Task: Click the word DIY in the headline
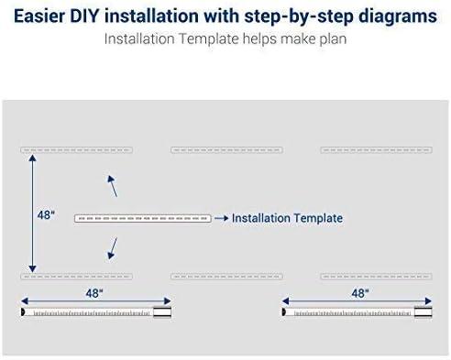pos(84,16)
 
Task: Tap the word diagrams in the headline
pos(398,16)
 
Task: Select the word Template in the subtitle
pos(209,39)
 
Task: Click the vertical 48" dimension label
pos(46,215)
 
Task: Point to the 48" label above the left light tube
pos(94,293)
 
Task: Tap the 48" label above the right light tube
pos(360,293)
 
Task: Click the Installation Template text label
pos(287,218)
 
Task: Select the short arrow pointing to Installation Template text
pos(222,218)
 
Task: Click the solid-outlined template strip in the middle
pos(143,218)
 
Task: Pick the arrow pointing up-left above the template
pos(113,186)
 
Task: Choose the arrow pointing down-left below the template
pos(113,248)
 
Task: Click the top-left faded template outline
pos(76,150)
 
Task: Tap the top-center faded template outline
pos(226,150)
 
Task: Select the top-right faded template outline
pos(376,150)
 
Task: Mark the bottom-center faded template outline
pos(226,277)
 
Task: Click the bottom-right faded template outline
pos(376,277)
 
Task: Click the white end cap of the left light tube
pos(162,312)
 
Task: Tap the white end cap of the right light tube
pos(423,312)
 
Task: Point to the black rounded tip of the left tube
pos(23,312)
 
